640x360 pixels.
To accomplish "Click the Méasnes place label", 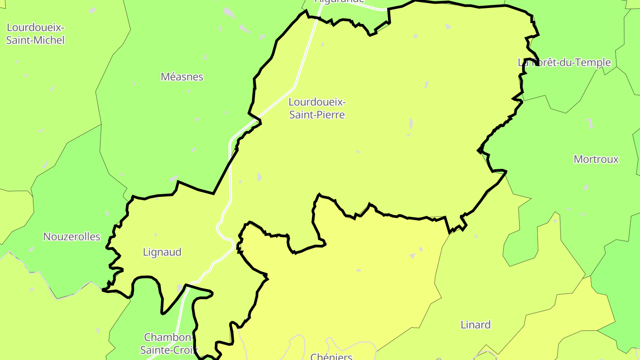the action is pyautogui.click(x=182, y=77).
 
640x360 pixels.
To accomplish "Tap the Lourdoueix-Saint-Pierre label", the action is pyautogui.click(x=317, y=108).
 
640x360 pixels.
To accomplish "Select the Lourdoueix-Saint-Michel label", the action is pyautogui.click(x=36, y=34).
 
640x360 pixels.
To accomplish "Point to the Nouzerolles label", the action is pyautogui.click(x=72, y=236).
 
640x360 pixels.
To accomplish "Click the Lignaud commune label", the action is pyautogui.click(x=162, y=252).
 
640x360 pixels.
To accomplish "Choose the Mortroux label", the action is pyautogui.click(x=596, y=159).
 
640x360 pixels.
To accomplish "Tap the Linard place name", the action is pyautogui.click(x=476, y=325).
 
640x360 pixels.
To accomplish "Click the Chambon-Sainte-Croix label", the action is pyautogui.click(x=169, y=343).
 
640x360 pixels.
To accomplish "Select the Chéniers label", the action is pyautogui.click(x=331, y=356).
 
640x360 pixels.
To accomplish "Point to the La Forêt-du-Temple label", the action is pyautogui.click(x=564, y=63).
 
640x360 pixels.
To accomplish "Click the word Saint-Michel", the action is pyautogui.click(x=36, y=40).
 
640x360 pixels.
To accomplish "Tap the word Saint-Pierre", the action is pyautogui.click(x=317, y=115).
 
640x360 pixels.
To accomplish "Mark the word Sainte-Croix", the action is pyautogui.click(x=169, y=350).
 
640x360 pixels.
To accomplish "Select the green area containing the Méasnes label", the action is pyautogui.click(x=178, y=124).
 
